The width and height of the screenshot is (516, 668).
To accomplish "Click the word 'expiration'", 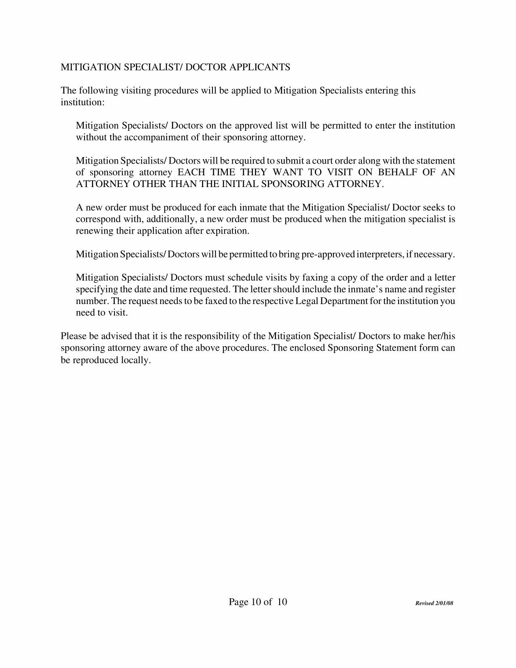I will click(x=228, y=231).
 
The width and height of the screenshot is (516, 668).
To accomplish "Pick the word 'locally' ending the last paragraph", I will click(x=136, y=360).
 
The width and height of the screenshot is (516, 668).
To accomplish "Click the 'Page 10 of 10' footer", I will click(x=258, y=602).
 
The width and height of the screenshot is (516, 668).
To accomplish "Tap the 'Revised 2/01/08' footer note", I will click(x=434, y=603).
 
